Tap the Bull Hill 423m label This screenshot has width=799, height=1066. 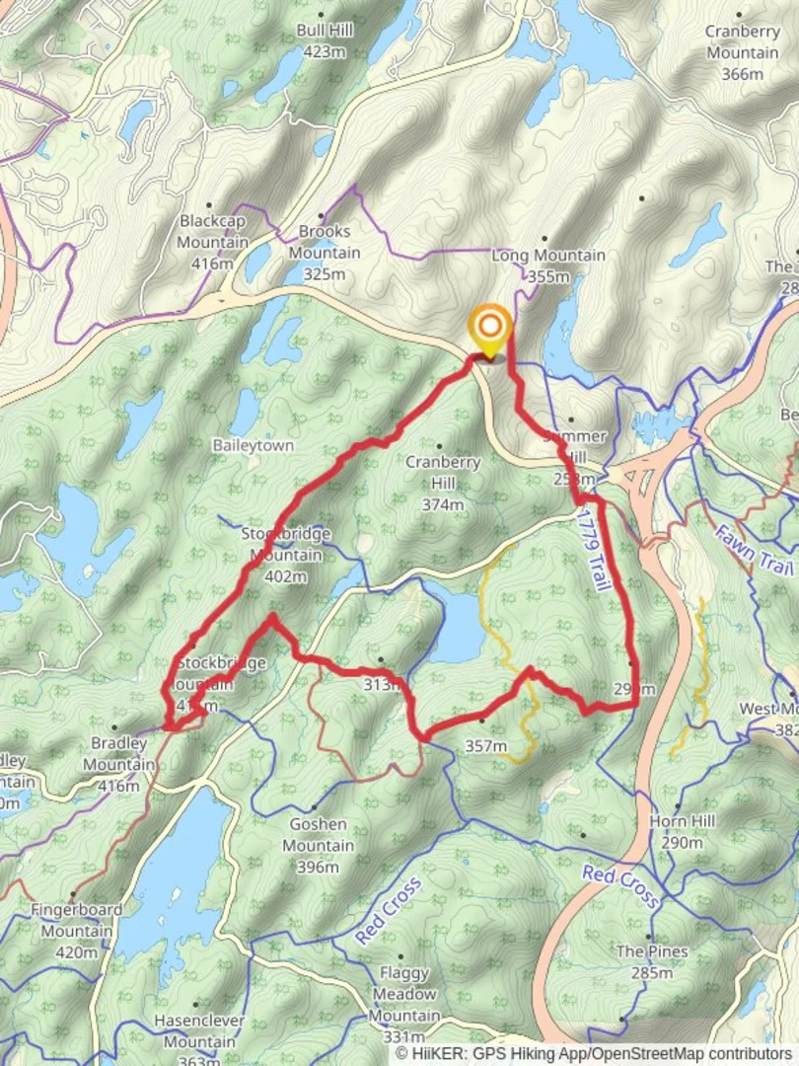coord(325,40)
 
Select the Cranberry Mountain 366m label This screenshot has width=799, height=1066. coord(742,52)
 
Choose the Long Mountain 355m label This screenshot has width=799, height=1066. coord(548,266)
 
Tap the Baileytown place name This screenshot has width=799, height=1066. coord(253,445)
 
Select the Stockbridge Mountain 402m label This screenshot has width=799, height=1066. coord(286,555)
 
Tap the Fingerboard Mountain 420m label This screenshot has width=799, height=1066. coord(76,919)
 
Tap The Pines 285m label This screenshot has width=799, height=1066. coord(652,962)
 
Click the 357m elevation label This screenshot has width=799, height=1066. coord(485,746)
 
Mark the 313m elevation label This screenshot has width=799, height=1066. coord(384,684)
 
